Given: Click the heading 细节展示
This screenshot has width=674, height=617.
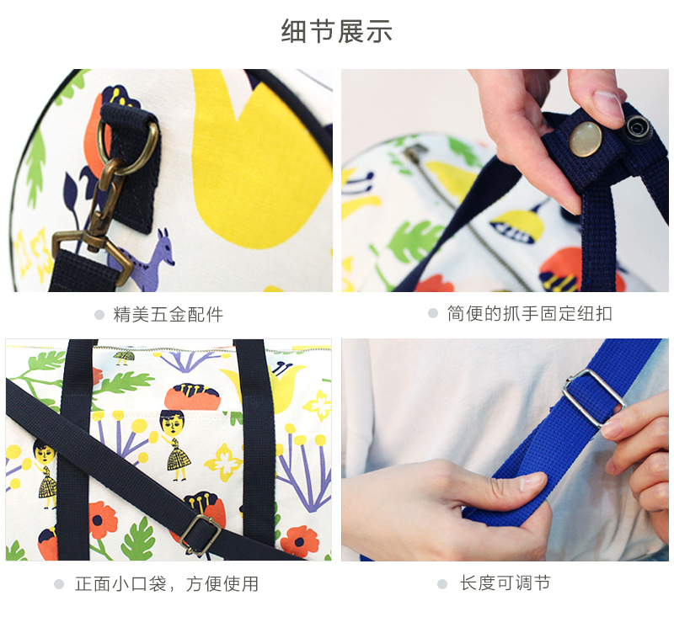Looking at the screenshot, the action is point(336,31).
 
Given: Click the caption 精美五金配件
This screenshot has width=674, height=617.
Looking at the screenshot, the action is point(168,315).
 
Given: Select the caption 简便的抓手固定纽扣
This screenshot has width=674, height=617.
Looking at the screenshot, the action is point(530,313).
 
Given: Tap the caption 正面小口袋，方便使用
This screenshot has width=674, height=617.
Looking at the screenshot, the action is point(167,584).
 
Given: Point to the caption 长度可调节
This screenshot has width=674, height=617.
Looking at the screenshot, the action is point(505,583).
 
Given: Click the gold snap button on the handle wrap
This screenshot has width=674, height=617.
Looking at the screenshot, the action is point(586,138).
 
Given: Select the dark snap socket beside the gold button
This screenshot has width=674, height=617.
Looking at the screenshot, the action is point(639,128).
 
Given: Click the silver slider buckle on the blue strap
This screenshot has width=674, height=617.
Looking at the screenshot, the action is point(593,397).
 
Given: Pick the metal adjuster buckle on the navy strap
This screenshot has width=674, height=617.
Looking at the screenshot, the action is point(201,535).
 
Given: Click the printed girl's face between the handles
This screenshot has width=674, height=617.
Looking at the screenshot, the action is point(173,423).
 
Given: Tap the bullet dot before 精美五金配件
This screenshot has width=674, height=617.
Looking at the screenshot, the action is point(99,315).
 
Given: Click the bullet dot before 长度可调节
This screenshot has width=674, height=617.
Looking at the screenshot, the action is point(442,584).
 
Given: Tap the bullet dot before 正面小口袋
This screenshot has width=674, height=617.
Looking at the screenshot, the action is point(59,584).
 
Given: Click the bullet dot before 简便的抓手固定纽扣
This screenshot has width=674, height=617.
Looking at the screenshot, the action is point(433,313).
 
